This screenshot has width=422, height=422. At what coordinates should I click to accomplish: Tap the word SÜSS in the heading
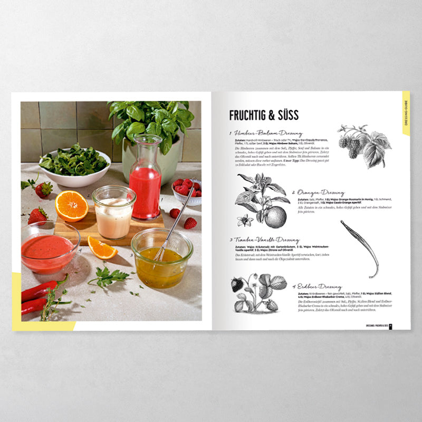(x=289, y=115)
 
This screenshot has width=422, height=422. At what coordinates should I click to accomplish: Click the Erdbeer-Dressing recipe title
(x=320, y=286)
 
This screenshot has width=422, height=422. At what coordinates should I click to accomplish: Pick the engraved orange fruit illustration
(x=275, y=216)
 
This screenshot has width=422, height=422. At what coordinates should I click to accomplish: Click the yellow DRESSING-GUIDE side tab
(x=406, y=113)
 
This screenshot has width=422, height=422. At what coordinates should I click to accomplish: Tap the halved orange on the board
(x=71, y=205)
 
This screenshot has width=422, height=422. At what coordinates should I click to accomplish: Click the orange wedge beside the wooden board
(x=102, y=247)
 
